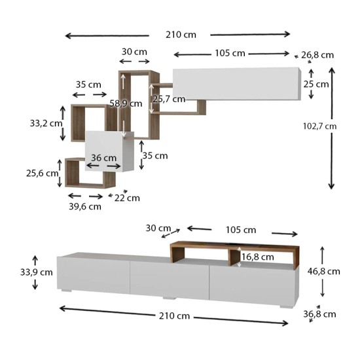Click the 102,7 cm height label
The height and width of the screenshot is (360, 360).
point(320,126)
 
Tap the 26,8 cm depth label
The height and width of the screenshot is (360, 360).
point(317,55)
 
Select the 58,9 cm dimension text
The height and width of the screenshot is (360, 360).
point(126,103)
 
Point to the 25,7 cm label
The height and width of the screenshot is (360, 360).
point(170,99)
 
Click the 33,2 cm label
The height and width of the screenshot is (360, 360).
point(46,124)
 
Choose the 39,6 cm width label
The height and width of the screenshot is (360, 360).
point(85,207)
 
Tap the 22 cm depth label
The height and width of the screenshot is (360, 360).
point(127,198)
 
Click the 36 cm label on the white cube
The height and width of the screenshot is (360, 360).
point(104,158)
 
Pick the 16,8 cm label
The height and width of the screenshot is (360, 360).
point(258,257)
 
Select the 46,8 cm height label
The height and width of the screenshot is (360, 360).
point(324,272)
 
